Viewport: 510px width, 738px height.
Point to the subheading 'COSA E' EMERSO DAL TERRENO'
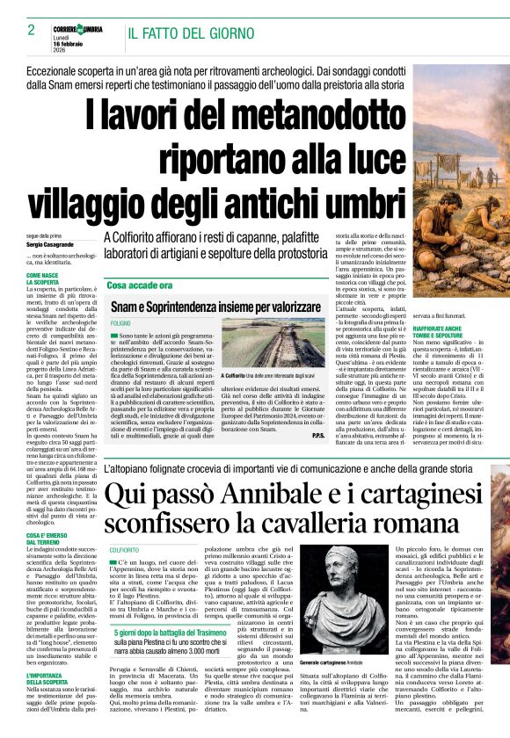[46, 538]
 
